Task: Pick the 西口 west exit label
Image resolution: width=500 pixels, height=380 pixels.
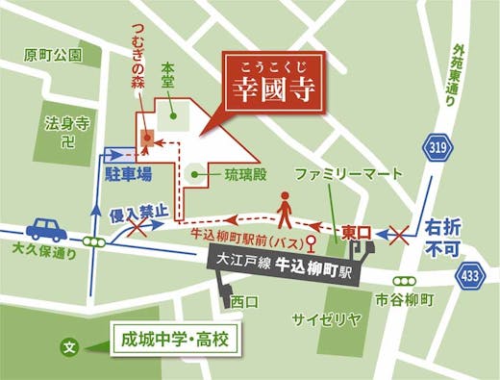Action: [245, 301]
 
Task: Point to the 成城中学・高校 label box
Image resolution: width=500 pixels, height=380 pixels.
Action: [174, 340]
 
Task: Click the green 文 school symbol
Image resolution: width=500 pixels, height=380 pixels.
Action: [68, 344]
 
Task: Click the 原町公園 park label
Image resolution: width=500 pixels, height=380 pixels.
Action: [54, 54]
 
